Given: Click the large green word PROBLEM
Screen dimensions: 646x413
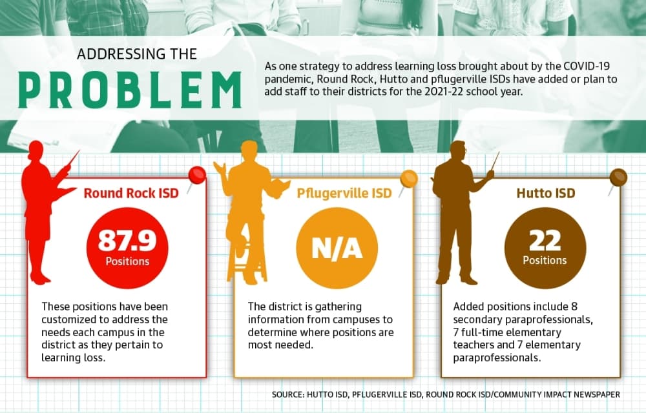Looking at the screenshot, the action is click(130, 90).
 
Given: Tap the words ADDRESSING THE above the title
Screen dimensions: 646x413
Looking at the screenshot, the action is click(137, 54).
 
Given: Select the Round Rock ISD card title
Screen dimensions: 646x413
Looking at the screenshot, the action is click(131, 193).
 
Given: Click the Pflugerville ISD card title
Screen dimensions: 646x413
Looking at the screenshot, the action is click(344, 193).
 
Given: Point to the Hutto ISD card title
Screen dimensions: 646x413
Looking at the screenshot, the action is click(546, 193).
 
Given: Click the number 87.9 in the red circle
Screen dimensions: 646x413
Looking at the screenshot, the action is click(127, 240).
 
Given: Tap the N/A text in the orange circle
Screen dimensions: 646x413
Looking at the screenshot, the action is click(337, 248).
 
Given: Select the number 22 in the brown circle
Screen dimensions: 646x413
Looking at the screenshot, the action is click(545, 240).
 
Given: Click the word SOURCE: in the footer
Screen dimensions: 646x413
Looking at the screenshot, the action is click(288, 394).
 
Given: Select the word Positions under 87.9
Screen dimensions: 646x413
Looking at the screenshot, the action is click(127, 261).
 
